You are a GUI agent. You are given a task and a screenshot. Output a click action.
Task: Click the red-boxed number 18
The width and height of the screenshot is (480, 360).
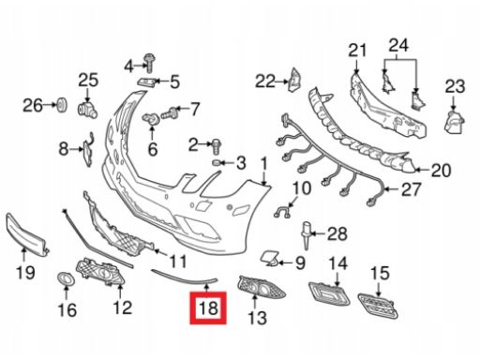tap(208, 307)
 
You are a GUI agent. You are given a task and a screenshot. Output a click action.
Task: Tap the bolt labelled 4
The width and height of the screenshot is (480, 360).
tap(148, 63)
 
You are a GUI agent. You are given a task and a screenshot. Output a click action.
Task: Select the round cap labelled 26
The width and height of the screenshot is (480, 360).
tap(63, 105)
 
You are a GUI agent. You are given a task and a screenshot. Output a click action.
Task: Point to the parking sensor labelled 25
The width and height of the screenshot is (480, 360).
tap(87, 110)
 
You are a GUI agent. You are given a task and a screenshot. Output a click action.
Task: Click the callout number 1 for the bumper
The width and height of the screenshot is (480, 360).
tap(264, 167)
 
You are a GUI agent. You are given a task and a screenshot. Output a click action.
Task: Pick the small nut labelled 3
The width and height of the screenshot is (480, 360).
tap(217, 163)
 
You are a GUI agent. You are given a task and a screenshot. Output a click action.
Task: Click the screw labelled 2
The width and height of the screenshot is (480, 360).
tap(217, 146)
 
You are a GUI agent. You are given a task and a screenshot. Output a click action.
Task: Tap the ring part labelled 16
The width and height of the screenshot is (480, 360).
tap(67, 279)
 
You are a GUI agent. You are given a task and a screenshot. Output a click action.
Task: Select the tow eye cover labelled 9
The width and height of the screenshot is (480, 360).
tap(269, 259)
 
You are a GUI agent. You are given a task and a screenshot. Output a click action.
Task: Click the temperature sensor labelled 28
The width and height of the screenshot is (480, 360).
tap(307, 236)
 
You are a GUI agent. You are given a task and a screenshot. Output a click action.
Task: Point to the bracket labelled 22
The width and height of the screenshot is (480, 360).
tap(294, 80)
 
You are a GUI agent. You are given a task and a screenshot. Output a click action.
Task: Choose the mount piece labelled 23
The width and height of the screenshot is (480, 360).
tap(454, 122)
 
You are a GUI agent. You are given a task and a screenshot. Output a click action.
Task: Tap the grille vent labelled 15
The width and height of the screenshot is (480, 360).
tap(378, 307)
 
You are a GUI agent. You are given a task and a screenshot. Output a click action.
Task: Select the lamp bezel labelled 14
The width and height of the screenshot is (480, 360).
tap(329, 293)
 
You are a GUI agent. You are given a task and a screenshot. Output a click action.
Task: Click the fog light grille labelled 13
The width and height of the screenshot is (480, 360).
tap(262, 288)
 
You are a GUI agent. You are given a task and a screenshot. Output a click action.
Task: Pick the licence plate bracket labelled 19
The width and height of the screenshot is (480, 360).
tap(26, 233)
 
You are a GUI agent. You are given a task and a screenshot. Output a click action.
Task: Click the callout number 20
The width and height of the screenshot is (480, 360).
tap(441, 171)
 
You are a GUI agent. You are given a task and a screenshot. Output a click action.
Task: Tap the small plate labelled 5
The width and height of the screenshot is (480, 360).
tap(146, 82)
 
